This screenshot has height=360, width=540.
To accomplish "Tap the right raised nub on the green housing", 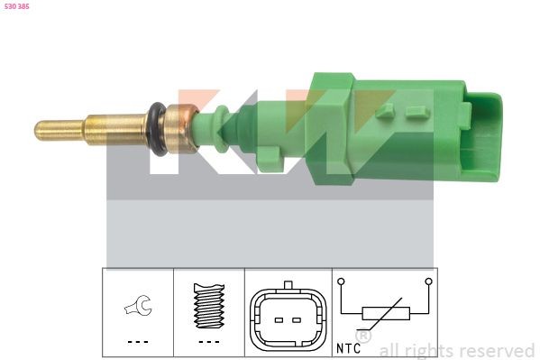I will click(415, 112).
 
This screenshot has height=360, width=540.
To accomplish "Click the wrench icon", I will click(138, 308).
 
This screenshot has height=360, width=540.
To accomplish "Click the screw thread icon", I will click(208, 308).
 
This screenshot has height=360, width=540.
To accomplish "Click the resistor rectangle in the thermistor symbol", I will click(385, 314).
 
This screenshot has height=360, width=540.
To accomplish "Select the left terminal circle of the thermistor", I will click(342, 282).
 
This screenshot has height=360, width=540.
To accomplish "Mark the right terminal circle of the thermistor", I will click(429, 282).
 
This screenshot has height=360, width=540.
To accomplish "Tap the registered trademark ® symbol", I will click(364, 336).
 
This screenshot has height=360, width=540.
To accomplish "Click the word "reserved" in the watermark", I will click(497, 350).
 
